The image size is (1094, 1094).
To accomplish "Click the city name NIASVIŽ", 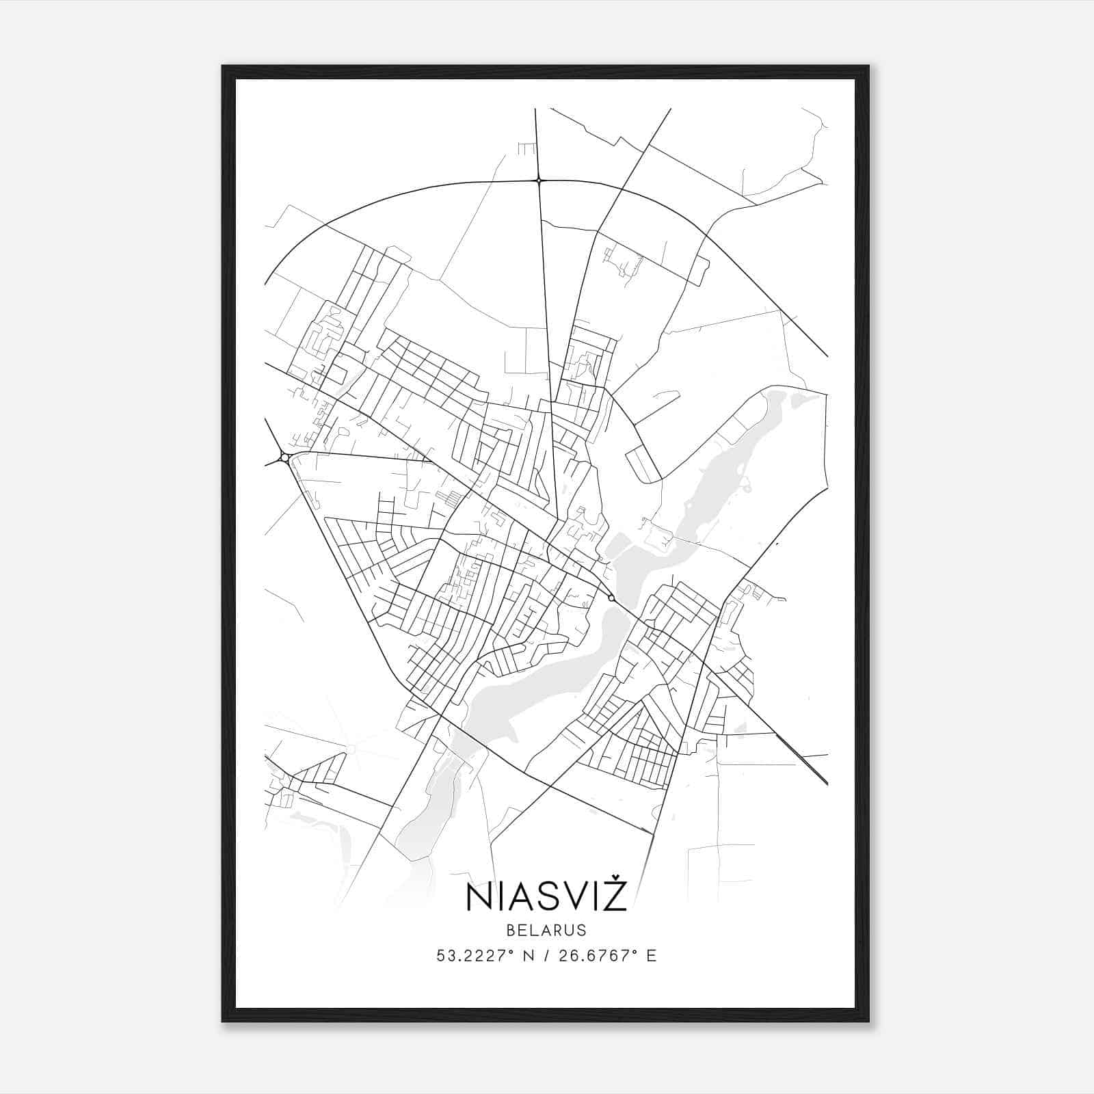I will tap(546, 896).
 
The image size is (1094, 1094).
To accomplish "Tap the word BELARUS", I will tap(546, 930).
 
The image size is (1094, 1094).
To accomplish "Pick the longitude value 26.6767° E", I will tap(607, 956).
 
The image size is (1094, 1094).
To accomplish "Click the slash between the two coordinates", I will tap(547, 956).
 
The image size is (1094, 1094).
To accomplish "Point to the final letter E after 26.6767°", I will tap(652, 956).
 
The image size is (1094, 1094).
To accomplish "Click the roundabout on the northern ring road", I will tap(539, 181).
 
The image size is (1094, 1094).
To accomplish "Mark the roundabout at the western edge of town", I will tap(284, 457).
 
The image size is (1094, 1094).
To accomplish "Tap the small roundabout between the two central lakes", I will tap(611, 598).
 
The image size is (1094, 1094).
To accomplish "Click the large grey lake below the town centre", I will tap(540, 684).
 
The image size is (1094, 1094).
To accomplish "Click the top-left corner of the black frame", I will tap(224, 67).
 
